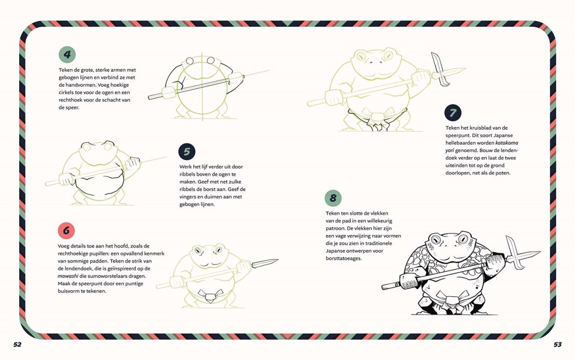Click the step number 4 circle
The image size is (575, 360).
67,55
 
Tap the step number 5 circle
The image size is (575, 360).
187,151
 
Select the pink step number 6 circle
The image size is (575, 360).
66,231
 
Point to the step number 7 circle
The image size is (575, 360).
453,113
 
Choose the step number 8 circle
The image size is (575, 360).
333,198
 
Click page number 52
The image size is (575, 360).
17,345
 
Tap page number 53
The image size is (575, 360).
558,345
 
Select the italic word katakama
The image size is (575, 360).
507,143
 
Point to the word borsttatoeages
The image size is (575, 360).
344,258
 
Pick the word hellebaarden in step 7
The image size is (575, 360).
460,143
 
